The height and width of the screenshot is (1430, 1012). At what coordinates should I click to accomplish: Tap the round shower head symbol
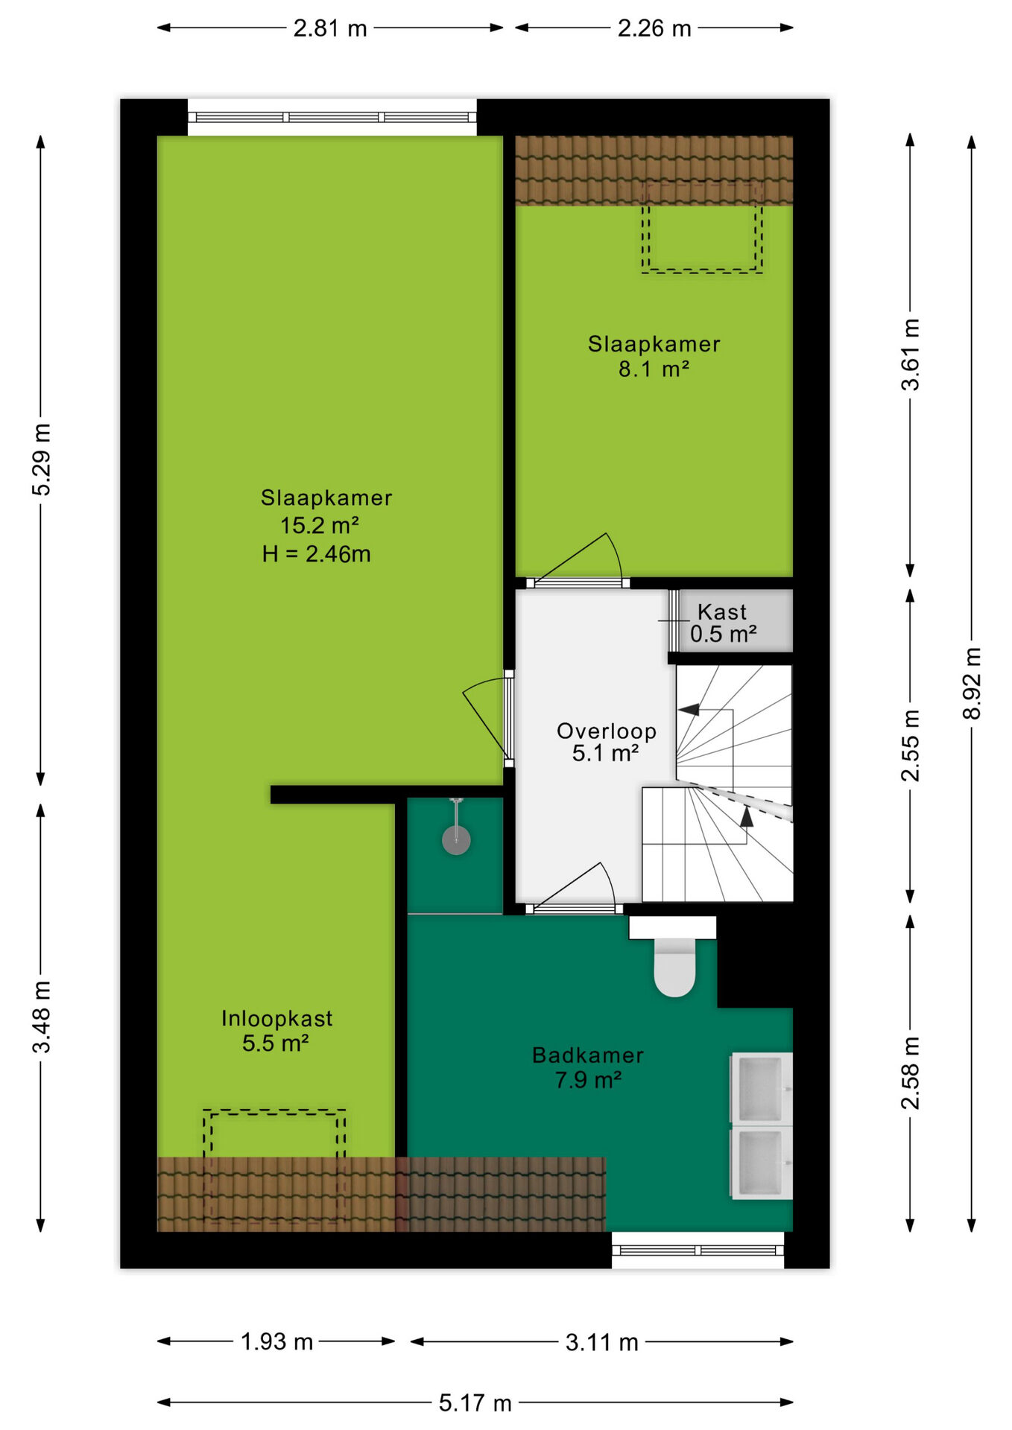[456, 840]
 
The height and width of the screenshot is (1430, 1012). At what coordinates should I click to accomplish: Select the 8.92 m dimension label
[972, 683]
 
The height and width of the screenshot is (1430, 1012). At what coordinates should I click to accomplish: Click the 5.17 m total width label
[475, 1403]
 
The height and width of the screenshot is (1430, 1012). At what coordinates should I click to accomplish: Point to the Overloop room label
[607, 731]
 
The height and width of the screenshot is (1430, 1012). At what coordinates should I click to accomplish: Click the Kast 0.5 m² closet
[734, 620]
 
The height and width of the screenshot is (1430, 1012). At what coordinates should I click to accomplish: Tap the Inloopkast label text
[277, 1018]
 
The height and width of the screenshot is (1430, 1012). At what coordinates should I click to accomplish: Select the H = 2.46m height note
[316, 554]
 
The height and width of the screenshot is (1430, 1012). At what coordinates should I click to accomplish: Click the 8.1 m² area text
[654, 369]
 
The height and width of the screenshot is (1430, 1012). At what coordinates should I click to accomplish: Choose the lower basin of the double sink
[761, 1163]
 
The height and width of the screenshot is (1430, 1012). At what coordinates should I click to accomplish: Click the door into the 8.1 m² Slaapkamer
[578, 559]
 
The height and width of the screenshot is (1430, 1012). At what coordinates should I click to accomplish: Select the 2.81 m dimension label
[330, 28]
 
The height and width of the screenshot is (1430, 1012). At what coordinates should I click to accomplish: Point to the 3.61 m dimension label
[911, 355]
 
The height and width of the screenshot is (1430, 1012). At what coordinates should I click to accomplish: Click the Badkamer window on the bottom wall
[698, 1250]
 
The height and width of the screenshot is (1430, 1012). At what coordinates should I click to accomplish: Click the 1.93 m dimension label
[276, 1341]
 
